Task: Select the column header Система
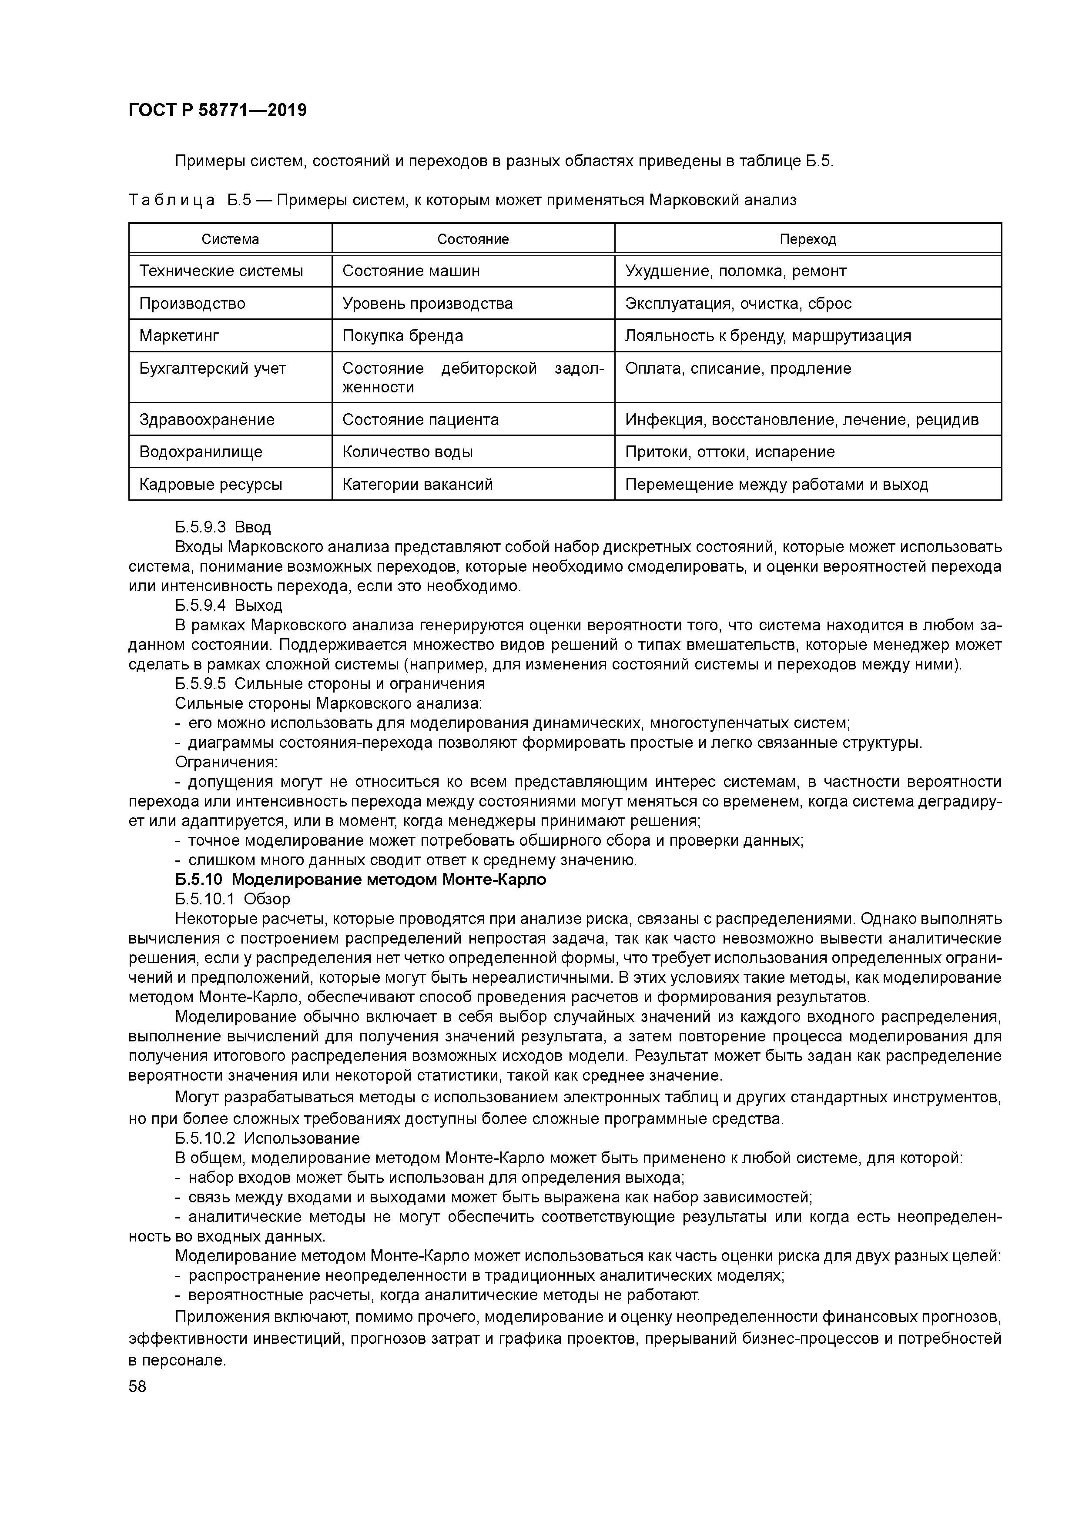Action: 230,239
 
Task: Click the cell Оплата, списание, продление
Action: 737,368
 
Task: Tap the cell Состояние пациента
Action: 420,419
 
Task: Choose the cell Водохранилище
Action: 201,452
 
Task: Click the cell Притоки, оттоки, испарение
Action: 729,452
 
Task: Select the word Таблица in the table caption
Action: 171,200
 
